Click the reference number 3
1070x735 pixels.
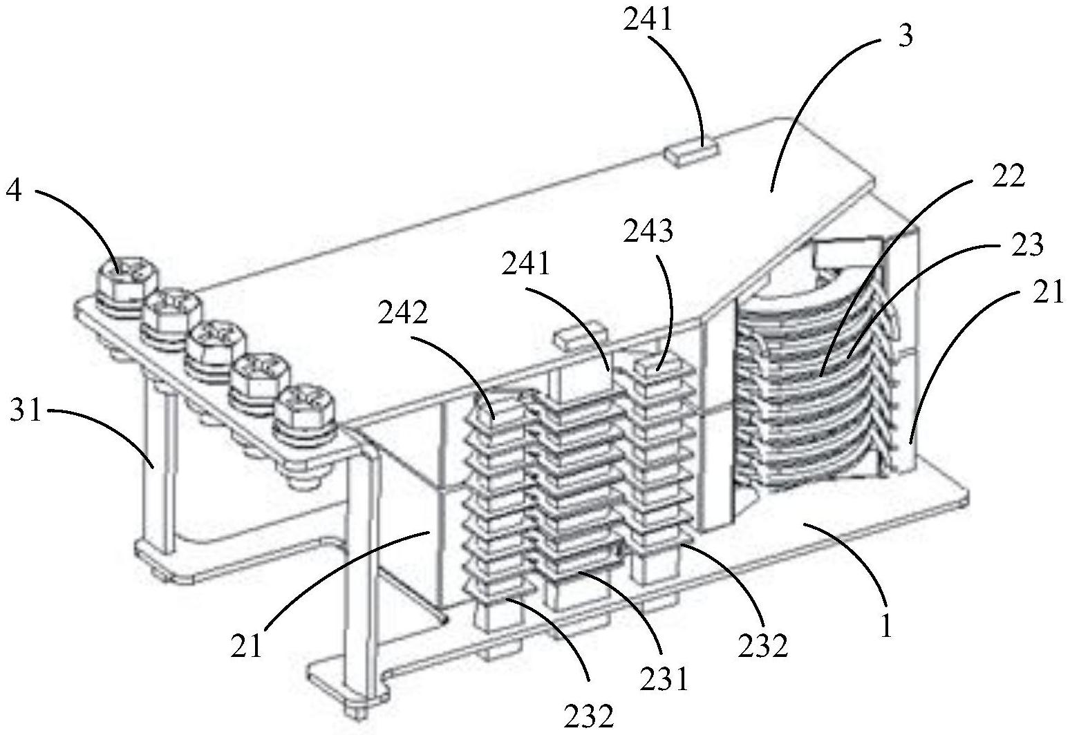905,37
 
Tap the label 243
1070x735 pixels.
648,232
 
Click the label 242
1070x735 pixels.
403,313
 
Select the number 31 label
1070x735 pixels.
26,410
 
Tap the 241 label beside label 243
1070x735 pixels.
526,264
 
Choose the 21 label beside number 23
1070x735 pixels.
1048,293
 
